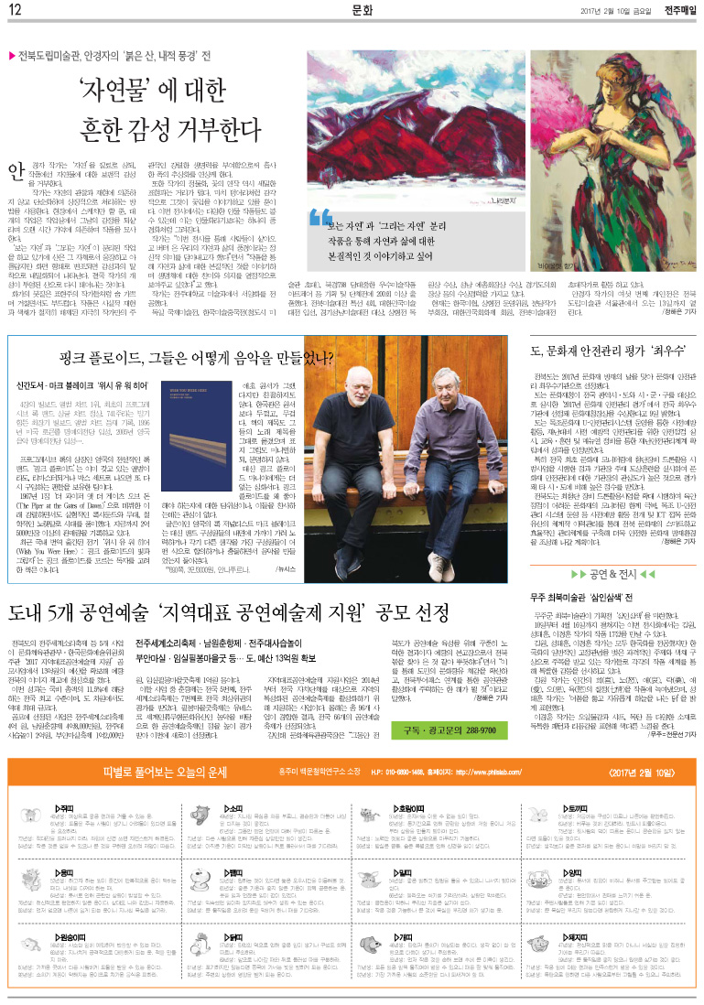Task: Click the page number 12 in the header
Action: (x=15, y=11)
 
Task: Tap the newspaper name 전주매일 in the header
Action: (x=675, y=11)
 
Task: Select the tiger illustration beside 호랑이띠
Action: (x=370, y=815)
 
